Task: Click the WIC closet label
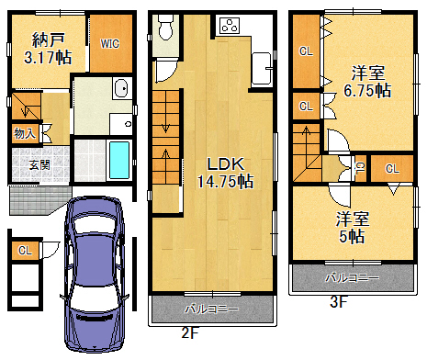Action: coord(109,44)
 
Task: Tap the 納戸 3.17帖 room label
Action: coord(48,49)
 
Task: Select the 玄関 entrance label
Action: coord(39,165)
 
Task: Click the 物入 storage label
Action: coord(25,133)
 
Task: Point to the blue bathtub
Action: coord(119,160)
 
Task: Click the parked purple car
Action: coord(95,274)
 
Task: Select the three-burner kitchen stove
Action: coord(230,26)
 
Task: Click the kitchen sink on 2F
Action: coord(262,68)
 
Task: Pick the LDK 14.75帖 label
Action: coord(225,173)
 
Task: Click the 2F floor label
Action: coord(190,332)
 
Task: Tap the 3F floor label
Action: coord(339,302)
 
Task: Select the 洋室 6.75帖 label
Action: coord(367,82)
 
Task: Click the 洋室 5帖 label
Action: coord(353,228)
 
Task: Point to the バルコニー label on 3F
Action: coord(352,278)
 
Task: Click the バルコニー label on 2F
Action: coord(211,309)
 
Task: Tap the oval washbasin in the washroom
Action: coord(121,88)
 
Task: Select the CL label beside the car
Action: coord(25,251)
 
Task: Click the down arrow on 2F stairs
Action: coord(165,120)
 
